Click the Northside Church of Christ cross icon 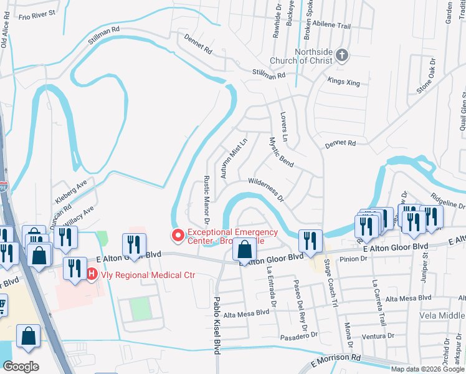tap(341, 55)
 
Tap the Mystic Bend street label tap(280, 151)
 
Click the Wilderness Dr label tap(266, 189)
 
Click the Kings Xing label tap(343, 82)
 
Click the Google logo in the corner tap(21, 367)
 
